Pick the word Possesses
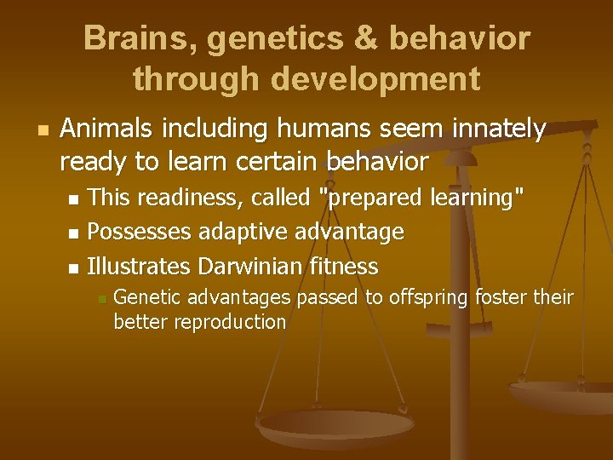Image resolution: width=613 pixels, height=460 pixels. [x=140, y=232]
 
